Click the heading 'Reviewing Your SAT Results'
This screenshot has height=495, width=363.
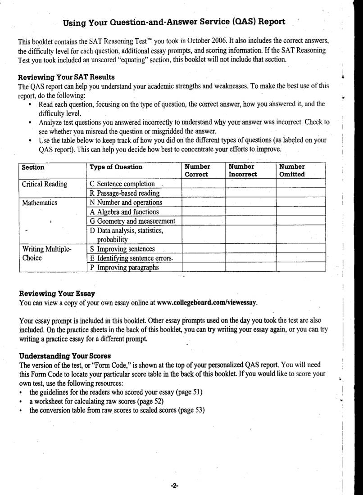coord(67,77)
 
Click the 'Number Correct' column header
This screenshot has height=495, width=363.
coord(197,171)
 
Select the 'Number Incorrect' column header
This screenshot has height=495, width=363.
coord(242,171)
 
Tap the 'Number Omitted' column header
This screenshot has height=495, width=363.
coord(292,171)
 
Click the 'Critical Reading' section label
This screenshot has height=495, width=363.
coord(45,184)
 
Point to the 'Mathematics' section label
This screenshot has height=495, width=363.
coord(40,202)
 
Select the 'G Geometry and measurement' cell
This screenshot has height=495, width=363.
coord(132,221)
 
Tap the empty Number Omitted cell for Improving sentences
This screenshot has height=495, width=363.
coord(300,249)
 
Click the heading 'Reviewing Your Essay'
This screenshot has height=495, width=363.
coord(57,294)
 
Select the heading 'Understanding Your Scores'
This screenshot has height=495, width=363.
coord(65,356)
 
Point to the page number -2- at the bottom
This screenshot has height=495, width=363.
coord(175,486)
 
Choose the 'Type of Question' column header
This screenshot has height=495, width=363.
coord(116,167)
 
